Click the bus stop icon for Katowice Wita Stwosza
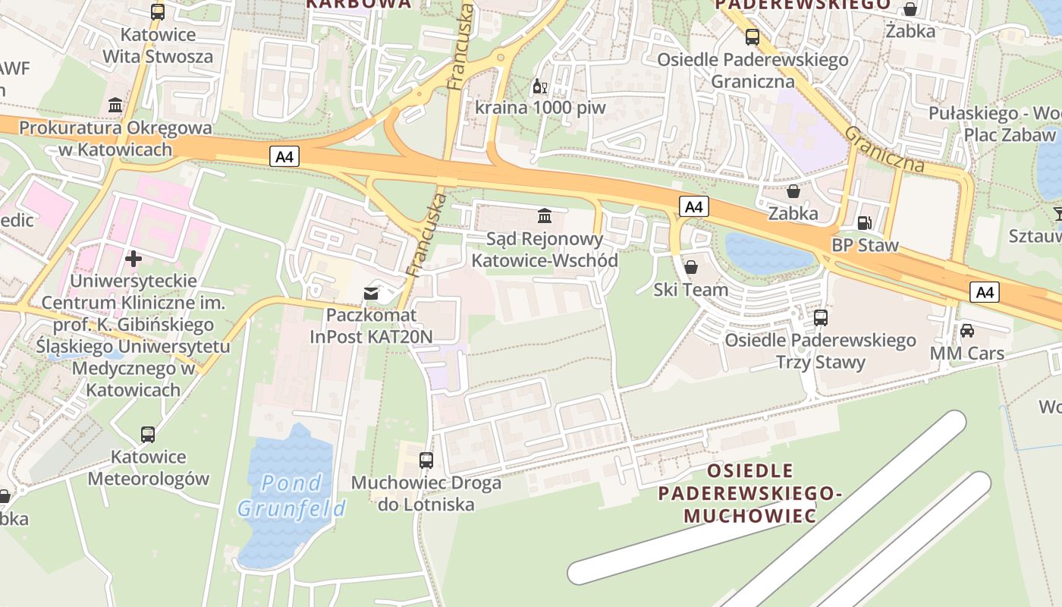(x=158, y=12)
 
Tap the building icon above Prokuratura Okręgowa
(x=115, y=105)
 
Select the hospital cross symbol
(x=134, y=259)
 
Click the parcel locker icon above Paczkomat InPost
(x=371, y=293)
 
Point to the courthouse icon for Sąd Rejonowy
(x=544, y=217)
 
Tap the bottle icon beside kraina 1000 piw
(x=539, y=86)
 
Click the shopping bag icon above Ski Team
(x=690, y=267)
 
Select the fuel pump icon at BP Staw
(x=864, y=223)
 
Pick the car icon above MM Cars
(x=966, y=331)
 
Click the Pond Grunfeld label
(x=291, y=495)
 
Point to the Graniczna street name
(x=884, y=149)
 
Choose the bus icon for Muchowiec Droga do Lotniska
(x=426, y=460)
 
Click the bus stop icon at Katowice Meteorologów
(x=148, y=435)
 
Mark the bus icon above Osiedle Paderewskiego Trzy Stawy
(x=820, y=318)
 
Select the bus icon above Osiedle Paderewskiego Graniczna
(x=753, y=36)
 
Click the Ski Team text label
(x=690, y=290)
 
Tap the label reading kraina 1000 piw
(x=540, y=107)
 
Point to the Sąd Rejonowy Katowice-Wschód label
(x=545, y=250)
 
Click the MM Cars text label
(x=966, y=354)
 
